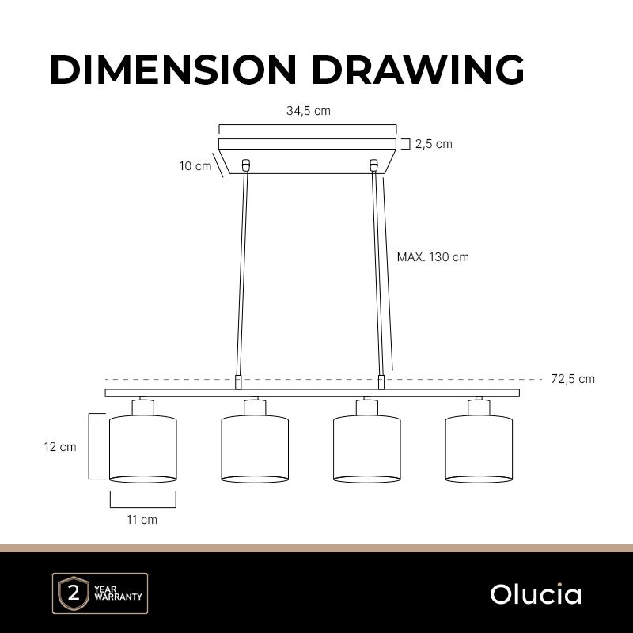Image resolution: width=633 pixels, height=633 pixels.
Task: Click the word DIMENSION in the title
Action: [173, 70]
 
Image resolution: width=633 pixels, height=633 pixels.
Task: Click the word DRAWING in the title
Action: [418, 70]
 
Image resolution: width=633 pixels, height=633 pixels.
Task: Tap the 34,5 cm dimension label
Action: [309, 111]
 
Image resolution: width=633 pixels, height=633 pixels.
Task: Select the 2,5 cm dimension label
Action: [434, 144]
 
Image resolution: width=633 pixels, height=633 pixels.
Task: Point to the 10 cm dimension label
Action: [195, 166]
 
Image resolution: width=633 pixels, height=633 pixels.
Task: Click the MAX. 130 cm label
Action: [433, 257]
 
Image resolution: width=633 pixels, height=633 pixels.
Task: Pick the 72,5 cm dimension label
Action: [573, 379]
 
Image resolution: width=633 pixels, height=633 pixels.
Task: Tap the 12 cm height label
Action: [60, 447]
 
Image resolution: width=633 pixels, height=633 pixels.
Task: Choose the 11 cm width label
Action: [142, 520]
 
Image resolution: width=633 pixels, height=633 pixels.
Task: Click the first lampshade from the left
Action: [143, 449]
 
